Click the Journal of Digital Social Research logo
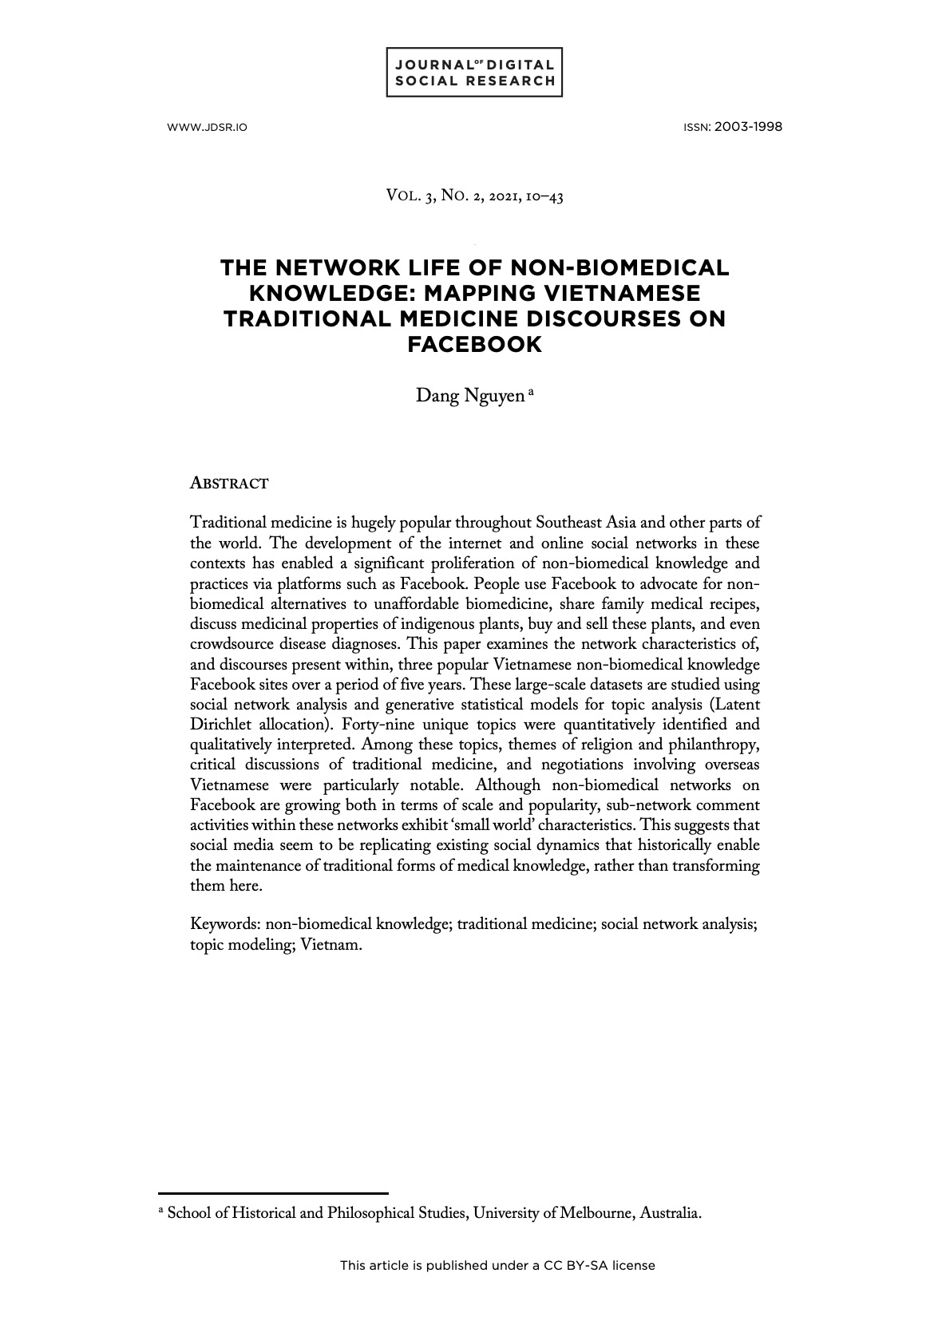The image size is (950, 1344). coord(474,73)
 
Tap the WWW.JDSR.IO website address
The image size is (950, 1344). coord(207,128)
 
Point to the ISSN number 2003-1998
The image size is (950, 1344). coord(748,127)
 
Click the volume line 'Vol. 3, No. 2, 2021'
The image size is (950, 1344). coord(474,196)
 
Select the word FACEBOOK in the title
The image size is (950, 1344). coord(474,345)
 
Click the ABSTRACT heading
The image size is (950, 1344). coord(229,484)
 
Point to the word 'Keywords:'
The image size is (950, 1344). coord(225,924)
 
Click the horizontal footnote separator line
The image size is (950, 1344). coord(273,1192)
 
